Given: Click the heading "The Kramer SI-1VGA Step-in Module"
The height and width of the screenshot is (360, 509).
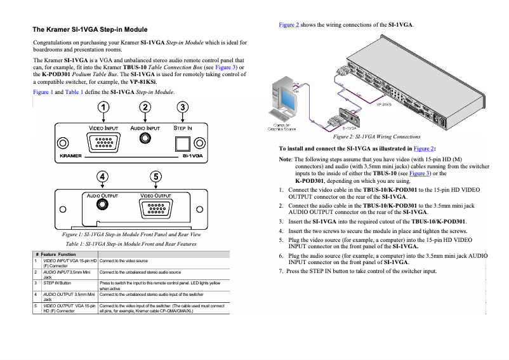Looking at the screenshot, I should tap(89, 29).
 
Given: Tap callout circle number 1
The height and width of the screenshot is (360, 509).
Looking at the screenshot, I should tap(103, 107).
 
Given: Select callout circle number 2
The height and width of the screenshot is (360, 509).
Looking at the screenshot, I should tap(145, 107).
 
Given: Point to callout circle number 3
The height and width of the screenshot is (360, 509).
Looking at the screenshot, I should tap(183, 107).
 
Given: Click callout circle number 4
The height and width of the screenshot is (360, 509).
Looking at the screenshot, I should tap(103, 176).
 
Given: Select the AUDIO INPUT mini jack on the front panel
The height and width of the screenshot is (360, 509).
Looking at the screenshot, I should tap(145, 142).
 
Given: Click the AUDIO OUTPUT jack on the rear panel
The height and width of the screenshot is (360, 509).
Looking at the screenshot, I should tap(102, 206).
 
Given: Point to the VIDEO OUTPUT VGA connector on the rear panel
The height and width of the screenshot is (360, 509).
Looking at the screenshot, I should tap(155, 208).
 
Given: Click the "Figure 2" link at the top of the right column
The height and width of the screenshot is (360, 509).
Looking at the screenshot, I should tap(289, 25).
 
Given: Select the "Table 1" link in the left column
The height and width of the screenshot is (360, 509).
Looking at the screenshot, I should tap(74, 92).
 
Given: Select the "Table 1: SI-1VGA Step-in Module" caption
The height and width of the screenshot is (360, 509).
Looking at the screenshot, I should tap(131, 244).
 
